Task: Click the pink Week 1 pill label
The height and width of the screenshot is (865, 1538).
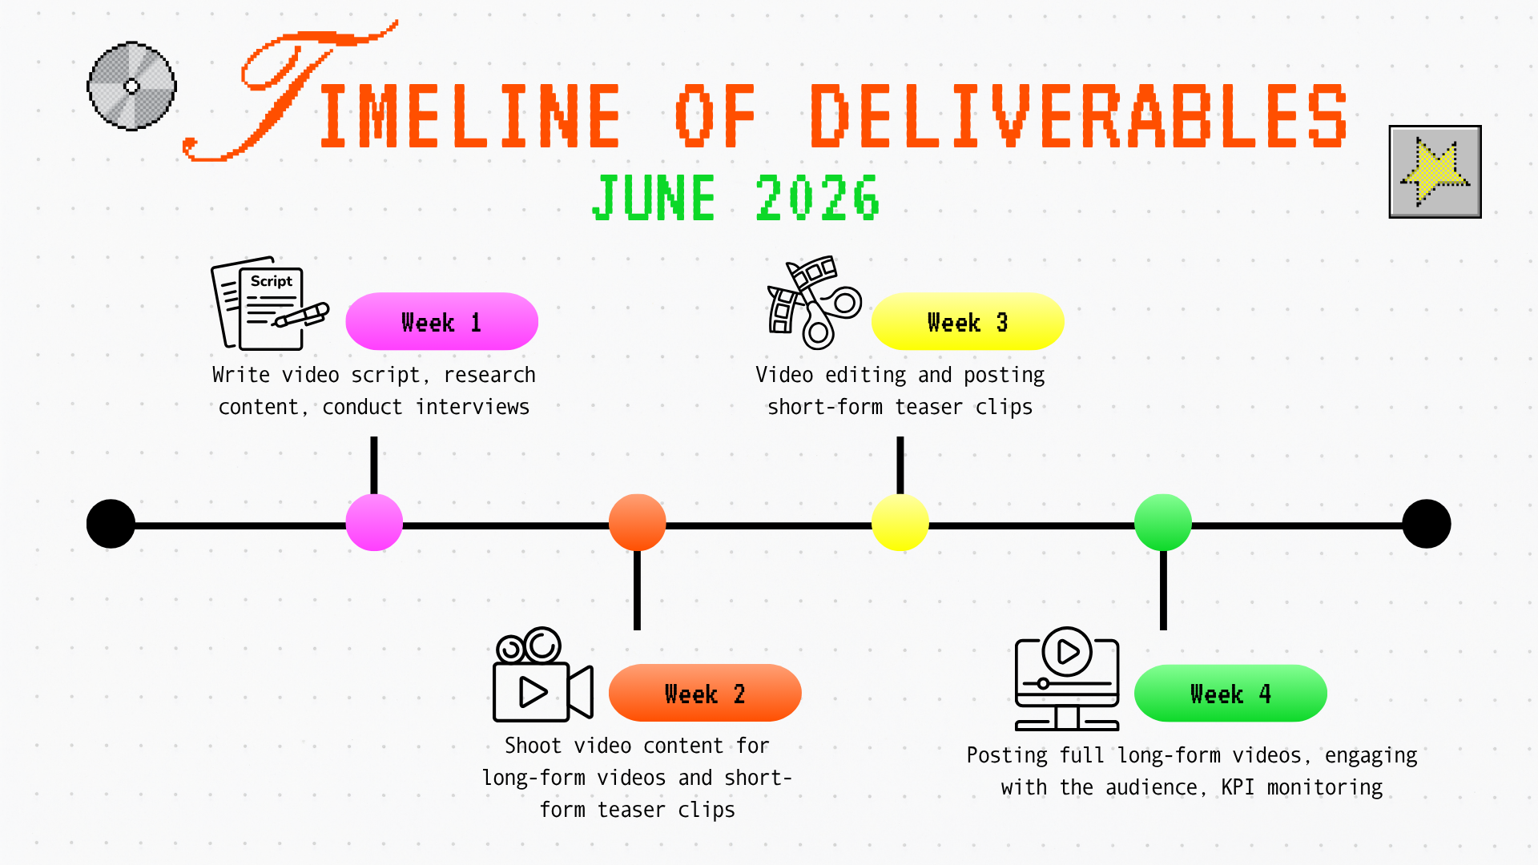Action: (x=441, y=321)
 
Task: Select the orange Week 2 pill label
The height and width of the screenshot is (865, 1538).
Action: (x=705, y=693)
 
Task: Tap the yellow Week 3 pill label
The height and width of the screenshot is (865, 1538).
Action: (x=968, y=321)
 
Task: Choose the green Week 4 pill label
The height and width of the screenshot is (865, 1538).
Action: (x=1230, y=693)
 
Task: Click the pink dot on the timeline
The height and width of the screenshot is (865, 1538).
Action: (x=374, y=522)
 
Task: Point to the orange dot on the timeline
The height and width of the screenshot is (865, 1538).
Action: (x=638, y=522)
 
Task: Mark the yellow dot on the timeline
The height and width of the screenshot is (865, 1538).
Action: (x=900, y=522)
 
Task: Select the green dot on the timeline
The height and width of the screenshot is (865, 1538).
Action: (x=1163, y=522)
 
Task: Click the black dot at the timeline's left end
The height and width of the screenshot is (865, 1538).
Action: (x=111, y=524)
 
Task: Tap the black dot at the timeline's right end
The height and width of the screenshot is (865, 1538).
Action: (x=1427, y=524)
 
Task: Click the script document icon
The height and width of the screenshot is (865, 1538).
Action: (x=270, y=304)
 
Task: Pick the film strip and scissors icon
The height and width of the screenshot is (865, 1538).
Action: (x=814, y=303)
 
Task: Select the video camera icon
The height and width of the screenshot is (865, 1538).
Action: (x=543, y=674)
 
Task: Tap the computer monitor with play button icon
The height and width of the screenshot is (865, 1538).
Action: (x=1067, y=679)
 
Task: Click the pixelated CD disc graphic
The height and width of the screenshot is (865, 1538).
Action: (x=131, y=86)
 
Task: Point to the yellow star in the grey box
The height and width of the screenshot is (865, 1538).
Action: (x=1435, y=171)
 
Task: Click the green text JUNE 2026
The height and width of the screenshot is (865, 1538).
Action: (x=735, y=198)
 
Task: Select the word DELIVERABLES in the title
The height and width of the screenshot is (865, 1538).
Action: (x=1079, y=116)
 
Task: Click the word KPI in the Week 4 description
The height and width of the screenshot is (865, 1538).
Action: (x=1238, y=787)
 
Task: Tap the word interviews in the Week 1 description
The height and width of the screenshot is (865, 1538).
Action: (x=473, y=407)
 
